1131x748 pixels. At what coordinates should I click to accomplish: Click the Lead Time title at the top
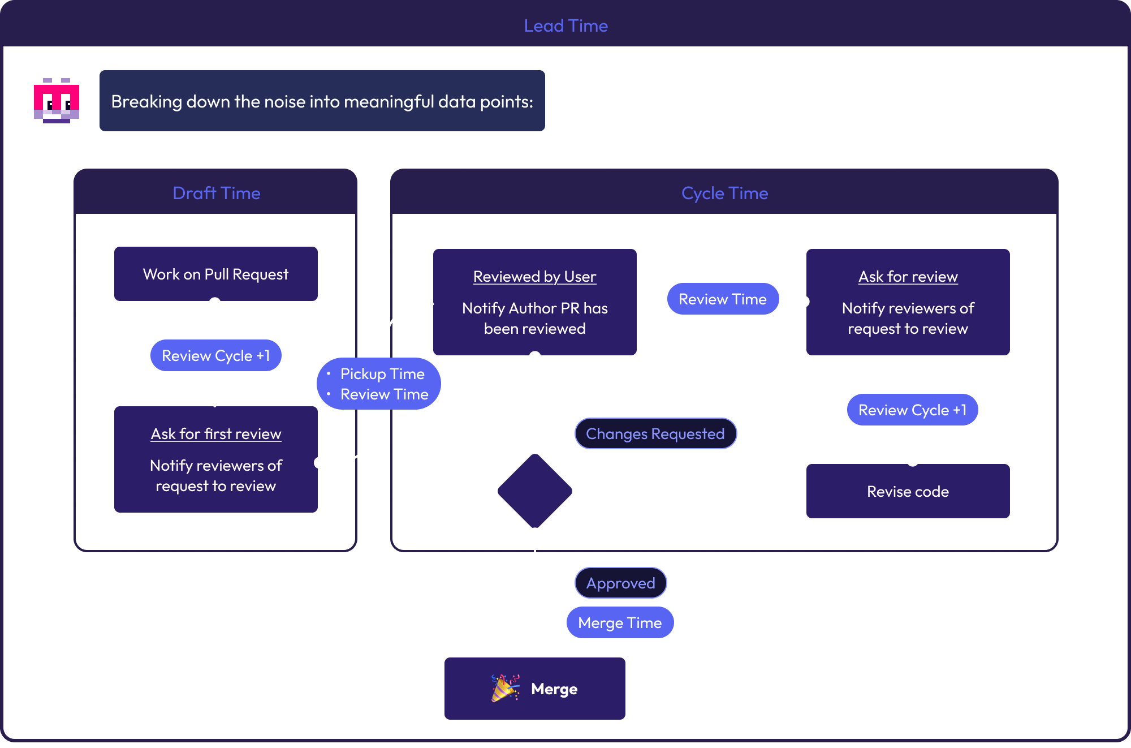click(565, 26)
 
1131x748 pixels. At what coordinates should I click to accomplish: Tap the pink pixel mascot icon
click(57, 101)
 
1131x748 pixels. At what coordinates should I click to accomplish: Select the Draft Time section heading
click(216, 194)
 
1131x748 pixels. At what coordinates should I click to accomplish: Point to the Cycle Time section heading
click(724, 194)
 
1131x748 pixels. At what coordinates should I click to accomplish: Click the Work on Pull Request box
click(215, 274)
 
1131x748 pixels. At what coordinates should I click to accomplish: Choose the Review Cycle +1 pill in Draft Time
click(215, 356)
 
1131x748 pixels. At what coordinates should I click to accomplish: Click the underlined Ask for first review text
click(215, 434)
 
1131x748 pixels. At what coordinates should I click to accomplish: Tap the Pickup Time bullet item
click(382, 374)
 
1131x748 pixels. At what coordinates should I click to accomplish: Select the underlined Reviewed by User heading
click(534, 277)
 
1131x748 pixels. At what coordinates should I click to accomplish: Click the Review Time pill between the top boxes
click(722, 299)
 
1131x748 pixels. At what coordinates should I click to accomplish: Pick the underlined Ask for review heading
click(908, 277)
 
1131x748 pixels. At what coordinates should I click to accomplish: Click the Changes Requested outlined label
click(655, 434)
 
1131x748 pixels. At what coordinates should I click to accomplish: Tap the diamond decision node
click(534, 491)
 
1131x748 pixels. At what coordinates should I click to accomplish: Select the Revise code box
click(908, 492)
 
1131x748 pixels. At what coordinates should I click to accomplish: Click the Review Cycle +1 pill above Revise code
click(912, 410)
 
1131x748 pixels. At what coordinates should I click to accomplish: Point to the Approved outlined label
click(620, 583)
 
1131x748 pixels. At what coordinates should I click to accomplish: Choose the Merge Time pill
click(620, 623)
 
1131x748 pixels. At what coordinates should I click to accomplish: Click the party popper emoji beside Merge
click(504, 688)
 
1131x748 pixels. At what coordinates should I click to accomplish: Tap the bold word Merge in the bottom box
click(554, 689)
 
